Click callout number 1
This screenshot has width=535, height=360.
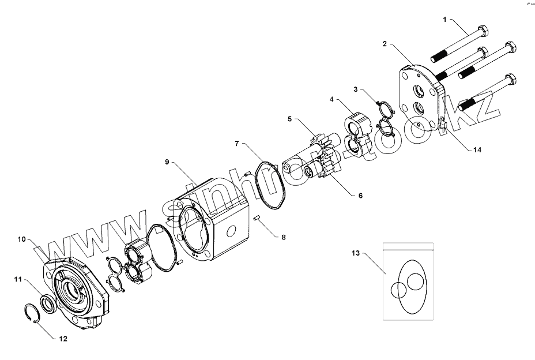pos(445,19)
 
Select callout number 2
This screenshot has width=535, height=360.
pos(385,44)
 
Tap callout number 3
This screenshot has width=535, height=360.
pos(356,89)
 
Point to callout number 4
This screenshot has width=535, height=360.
pos(332,99)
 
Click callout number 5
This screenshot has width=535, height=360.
pos(290,119)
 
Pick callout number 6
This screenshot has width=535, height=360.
pos(360,196)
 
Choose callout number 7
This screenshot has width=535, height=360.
pos(236,142)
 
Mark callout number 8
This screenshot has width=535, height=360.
pos(282,237)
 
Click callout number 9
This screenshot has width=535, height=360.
pos(167,162)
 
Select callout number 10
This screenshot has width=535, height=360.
pos(21,239)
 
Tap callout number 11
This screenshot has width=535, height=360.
pos(18,279)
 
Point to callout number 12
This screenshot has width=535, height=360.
pos(63,339)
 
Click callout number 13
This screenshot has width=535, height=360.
pos(356,253)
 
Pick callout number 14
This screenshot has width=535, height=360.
pos(477,150)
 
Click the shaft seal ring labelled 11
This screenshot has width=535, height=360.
pos(47,303)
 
